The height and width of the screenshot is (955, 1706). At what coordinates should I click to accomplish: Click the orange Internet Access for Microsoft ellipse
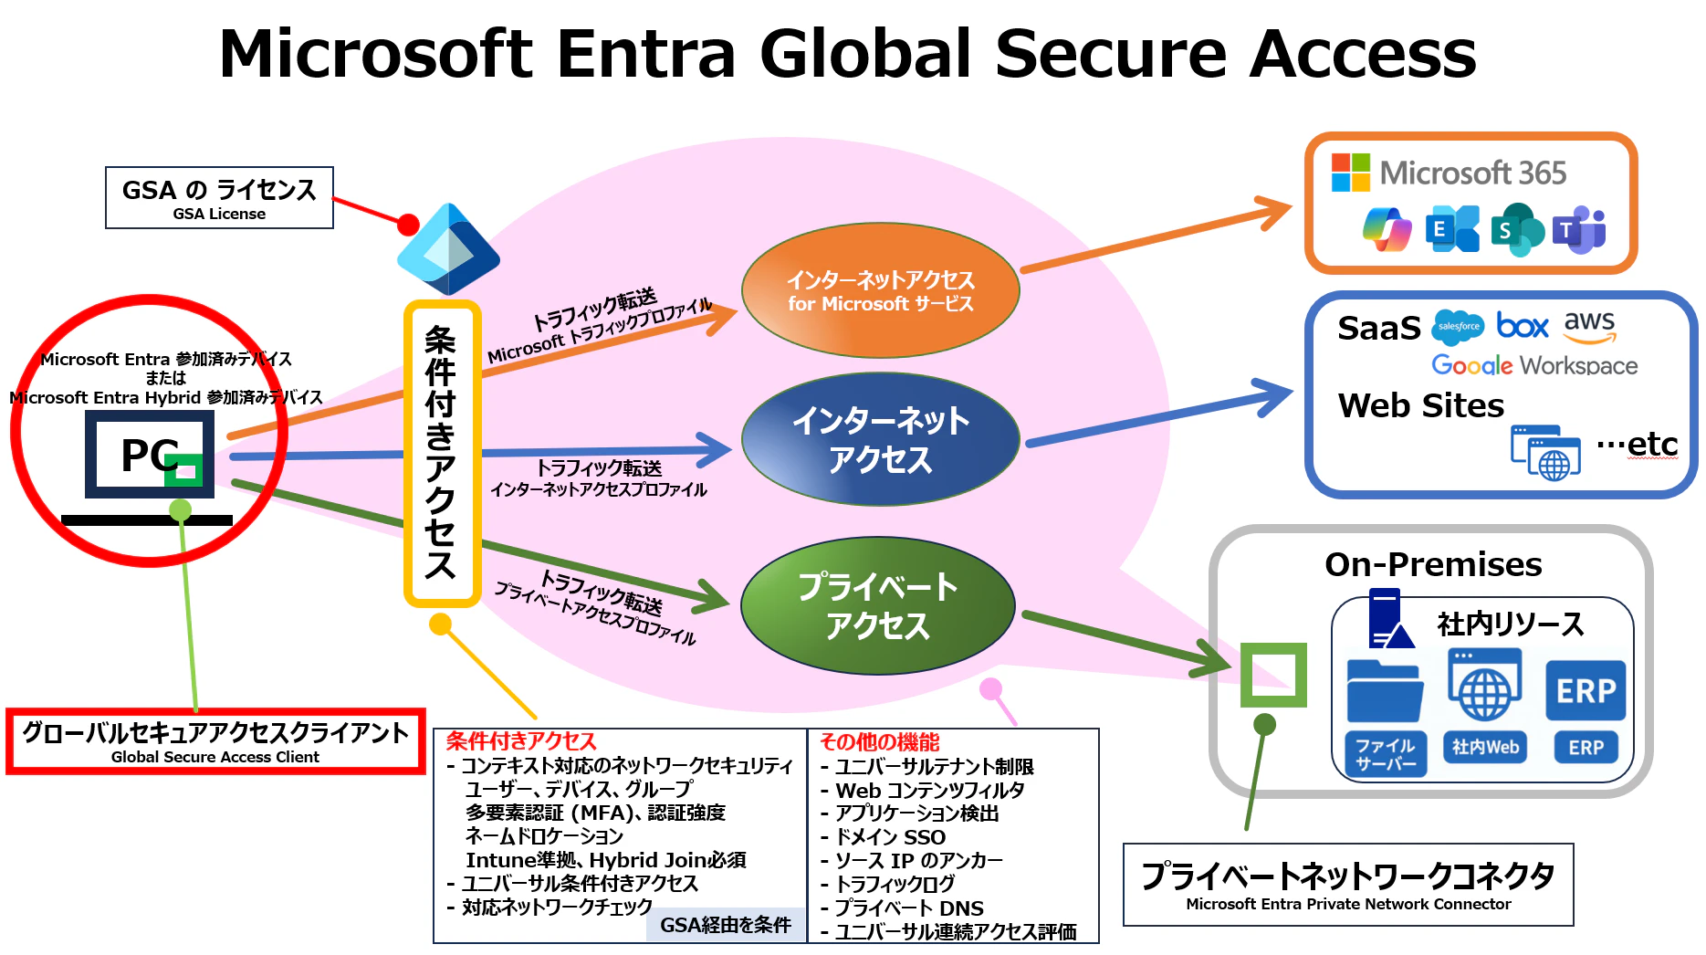tap(880, 290)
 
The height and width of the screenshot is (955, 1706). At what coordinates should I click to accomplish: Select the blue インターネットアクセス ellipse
tap(880, 439)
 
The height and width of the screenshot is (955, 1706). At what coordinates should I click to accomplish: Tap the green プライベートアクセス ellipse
tap(877, 605)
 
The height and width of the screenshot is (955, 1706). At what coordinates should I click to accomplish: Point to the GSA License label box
tap(219, 197)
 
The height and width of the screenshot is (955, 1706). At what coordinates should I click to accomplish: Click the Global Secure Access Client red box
tap(215, 741)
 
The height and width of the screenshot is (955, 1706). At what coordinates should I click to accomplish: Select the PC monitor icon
tap(149, 454)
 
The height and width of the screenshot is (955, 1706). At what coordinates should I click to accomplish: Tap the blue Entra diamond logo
tap(448, 248)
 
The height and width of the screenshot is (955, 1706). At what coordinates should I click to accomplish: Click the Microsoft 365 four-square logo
tap(1350, 173)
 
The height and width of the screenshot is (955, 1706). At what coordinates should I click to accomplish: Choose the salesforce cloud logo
tap(1458, 326)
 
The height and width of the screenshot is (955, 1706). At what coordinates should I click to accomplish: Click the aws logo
tap(1589, 326)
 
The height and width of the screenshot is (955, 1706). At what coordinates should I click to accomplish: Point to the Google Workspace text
tap(1534, 365)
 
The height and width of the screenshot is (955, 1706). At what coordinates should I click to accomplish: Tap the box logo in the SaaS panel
tap(1523, 326)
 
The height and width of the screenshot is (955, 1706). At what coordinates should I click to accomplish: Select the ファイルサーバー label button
tap(1385, 754)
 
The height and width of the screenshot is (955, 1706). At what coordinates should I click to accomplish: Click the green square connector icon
tap(1273, 675)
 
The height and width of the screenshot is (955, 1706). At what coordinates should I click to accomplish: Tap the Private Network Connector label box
tap(1348, 885)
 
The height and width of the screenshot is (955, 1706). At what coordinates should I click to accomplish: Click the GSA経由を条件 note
tap(726, 925)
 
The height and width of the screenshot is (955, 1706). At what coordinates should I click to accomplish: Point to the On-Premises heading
tap(1433, 564)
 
